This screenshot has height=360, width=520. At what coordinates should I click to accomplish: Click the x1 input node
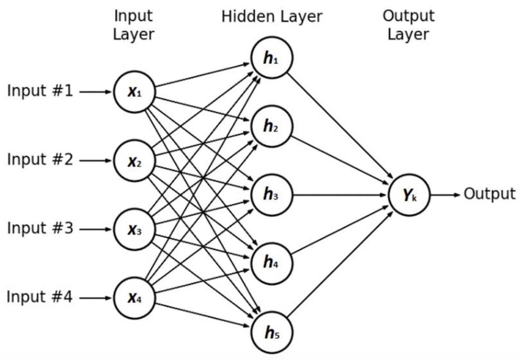(134, 92)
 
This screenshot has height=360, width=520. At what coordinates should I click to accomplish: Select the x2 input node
(134, 161)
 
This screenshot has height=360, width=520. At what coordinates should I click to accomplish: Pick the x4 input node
(134, 298)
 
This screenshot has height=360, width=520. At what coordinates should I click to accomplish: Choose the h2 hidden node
(271, 126)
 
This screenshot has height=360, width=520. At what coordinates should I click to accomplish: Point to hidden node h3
(271, 195)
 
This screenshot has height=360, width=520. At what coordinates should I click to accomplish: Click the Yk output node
(409, 195)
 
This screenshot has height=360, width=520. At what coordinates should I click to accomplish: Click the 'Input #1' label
(40, 91)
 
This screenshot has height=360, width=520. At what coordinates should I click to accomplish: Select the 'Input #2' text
(40, 160)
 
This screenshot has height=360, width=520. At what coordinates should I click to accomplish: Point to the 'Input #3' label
(40, 228)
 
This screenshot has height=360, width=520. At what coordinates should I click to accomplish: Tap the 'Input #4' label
(40, 297)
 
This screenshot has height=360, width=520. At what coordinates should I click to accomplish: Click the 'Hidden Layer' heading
(272, 17)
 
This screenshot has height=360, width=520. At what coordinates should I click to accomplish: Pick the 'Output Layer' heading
(408, 25)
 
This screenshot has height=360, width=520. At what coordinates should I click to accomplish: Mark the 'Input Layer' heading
(134, 25)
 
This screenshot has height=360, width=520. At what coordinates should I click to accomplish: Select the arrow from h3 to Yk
(339, 195)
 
